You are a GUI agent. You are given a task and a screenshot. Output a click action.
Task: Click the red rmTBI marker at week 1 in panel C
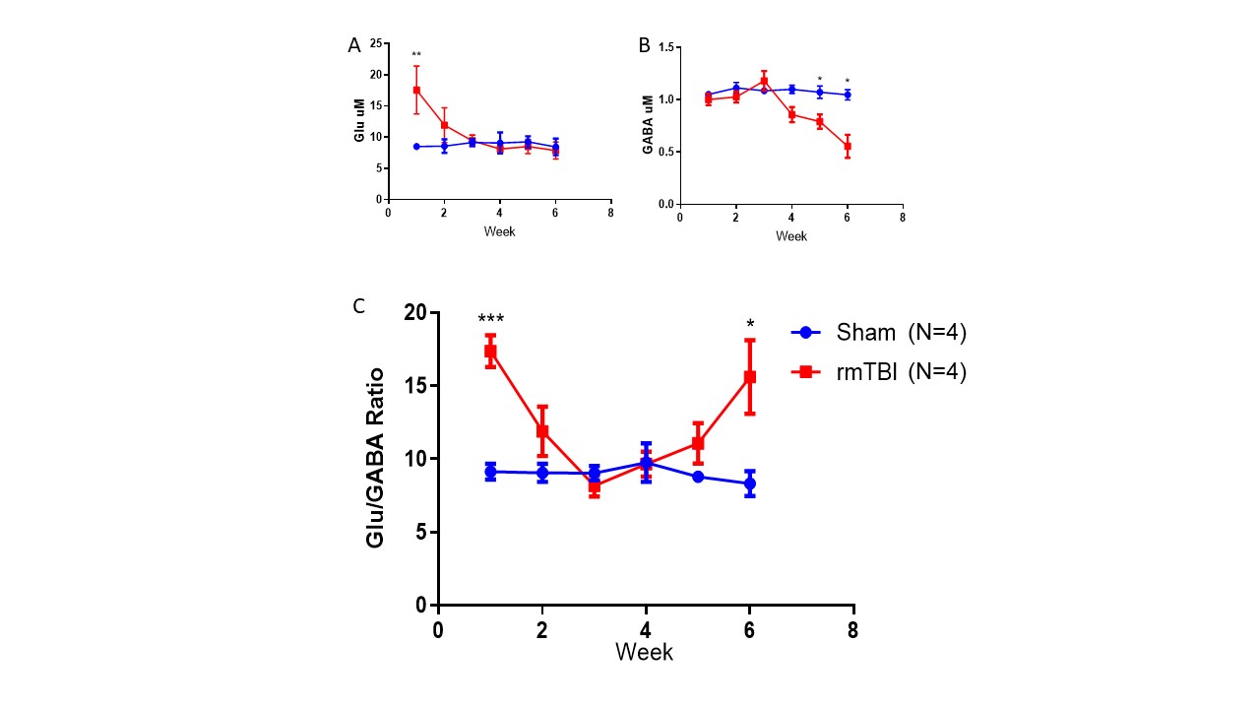[x=490, y=352]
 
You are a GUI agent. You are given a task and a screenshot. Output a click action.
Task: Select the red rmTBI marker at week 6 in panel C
[x=749, y=376]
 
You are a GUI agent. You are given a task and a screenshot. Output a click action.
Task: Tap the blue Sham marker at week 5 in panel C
[x=698, y=477]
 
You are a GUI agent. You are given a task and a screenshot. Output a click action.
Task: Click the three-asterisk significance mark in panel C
[x=490, y=320]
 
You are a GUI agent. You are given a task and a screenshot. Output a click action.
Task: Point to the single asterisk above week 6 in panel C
[x=750, y=324]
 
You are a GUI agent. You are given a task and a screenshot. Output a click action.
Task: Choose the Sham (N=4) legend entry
[x=878, y=333]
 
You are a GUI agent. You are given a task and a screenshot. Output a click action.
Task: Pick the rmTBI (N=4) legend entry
[x=878, y=372]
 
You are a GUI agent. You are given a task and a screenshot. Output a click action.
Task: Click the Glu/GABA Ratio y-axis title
[x=376, y=458]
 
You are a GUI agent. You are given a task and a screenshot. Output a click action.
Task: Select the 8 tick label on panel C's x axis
[x=853, y=630]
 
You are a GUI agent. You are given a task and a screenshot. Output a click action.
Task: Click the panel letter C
[x=358, y=306]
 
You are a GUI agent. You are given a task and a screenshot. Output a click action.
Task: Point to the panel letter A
[x=353, y=45]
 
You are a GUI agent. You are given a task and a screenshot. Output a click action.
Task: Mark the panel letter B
[x=645, y=45]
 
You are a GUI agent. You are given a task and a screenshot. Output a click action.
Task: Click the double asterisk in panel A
[x=416, y=55]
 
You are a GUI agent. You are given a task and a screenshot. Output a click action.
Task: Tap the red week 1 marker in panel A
[x=416, y=91]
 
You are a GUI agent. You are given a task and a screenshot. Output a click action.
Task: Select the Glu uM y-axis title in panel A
[x=360, y=122]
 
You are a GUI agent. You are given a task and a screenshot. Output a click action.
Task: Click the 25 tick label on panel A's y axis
[x=375, y=43]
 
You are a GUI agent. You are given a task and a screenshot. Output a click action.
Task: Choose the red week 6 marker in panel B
[x=847, y=147]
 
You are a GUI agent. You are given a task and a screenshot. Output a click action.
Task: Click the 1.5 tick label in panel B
[x=663, y=47]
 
